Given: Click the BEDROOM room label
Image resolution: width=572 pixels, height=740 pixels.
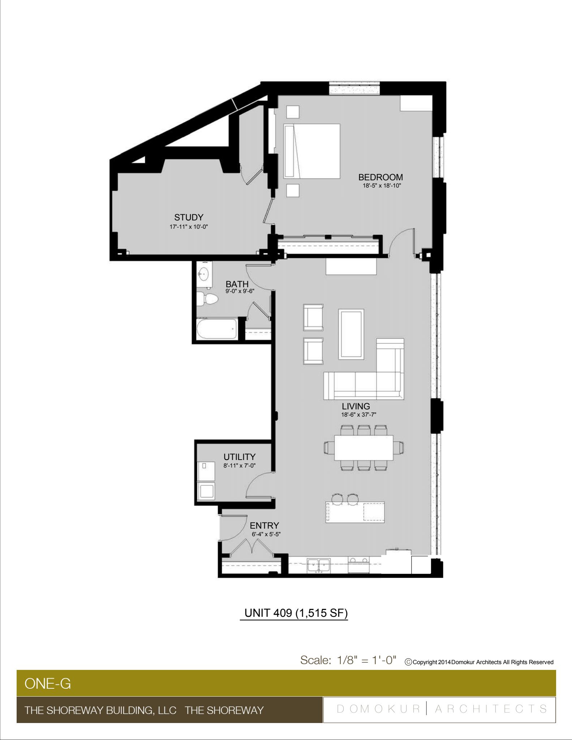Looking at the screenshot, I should (380, 177).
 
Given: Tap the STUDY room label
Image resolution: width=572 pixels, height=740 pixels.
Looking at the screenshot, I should (189, 217).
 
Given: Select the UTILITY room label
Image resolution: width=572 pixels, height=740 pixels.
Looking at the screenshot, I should (239, 457).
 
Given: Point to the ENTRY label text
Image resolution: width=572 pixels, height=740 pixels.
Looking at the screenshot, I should (265, 525).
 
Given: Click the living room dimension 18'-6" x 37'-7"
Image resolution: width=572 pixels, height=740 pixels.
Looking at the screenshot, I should (356, 415).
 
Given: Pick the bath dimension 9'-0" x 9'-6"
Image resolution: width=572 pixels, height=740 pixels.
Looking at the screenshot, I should (240, 291).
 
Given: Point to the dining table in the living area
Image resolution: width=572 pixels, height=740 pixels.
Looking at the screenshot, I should (364, 448).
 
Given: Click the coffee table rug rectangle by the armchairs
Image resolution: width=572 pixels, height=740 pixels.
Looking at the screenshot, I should (351, 334).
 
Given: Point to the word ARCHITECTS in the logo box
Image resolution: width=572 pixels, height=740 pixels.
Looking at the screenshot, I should (491, 709).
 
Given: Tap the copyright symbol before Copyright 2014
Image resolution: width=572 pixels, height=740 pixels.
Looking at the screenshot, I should (409, 662).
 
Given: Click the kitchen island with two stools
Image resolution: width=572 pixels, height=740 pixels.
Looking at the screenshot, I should (355, 512).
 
